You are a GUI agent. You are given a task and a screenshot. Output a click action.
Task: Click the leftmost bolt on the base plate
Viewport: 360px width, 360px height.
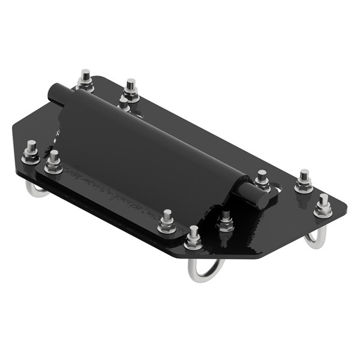pyautogui.click(x=31, y=154)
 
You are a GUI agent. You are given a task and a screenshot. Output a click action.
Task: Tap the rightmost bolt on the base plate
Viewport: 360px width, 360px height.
pyautogui.click(x=323, y=206)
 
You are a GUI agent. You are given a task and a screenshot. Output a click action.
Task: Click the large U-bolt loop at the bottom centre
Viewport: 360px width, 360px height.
pyautogui.click(x=205, y=270)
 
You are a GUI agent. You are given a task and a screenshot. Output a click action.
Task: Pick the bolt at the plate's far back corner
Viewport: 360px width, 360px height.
pyautogui.click(x=85, y=80)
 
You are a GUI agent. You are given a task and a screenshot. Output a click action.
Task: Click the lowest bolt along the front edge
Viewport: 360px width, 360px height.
pyautogui.click(x=193, y=239)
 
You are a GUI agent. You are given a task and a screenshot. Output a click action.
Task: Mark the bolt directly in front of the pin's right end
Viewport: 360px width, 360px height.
pyautogui.click(x=226, y=221)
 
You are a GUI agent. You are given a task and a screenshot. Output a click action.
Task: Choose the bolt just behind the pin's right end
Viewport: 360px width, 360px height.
pyautogui.click(x=262, y=180)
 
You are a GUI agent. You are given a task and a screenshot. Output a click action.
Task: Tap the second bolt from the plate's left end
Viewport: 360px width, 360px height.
pyautogui.click(x=53, y=162)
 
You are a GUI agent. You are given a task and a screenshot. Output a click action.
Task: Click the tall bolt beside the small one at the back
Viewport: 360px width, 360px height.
pyautogui.click(x=130, y=89)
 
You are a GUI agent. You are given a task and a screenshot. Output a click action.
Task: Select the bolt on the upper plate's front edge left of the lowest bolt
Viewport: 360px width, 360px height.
pyautogui.click(x=167, y=222)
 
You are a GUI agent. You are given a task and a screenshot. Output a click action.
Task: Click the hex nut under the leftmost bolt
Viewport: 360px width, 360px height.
pyautogui.click(x=31, y=159)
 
